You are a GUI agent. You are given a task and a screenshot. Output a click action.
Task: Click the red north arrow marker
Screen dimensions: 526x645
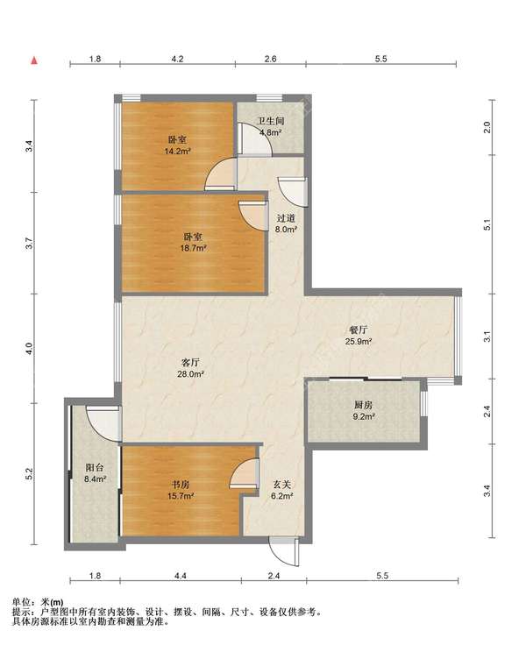click(x=34, y=60)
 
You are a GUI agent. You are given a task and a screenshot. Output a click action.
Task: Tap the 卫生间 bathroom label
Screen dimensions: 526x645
click(x=270, y=121)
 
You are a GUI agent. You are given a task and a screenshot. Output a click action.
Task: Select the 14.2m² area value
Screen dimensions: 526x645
click(x=177, y=151)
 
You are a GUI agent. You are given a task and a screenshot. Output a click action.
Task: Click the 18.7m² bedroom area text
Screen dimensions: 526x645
click(x=193, y=248)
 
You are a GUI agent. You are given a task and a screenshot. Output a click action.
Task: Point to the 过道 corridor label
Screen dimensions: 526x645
click(x=286, y=218)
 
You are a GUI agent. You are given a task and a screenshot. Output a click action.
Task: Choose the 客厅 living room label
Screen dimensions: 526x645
click(x=191, y=363)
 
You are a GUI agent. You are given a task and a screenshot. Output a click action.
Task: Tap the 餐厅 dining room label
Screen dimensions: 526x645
click(x=359, y=330)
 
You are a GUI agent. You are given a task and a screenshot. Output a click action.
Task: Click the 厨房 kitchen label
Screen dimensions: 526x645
click(x=364, y=405)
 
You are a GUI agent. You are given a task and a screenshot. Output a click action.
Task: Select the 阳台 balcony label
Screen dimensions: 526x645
click(x=95, y=468)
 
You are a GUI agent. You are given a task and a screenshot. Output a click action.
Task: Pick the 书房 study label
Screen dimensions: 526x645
click(x=181, y=485)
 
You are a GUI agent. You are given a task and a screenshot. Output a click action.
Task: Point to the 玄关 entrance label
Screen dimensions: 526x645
click(x=281, y=485)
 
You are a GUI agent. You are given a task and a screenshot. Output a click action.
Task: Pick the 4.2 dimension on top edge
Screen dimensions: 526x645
click(x=177, y=59)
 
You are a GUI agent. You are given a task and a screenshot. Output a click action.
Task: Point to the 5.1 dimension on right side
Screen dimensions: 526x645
click(x=487, y=224)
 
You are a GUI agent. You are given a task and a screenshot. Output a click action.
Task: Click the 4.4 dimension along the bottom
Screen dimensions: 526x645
click(x=181, y=576)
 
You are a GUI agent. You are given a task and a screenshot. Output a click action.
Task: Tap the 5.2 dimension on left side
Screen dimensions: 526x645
click(x=28, y=474)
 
